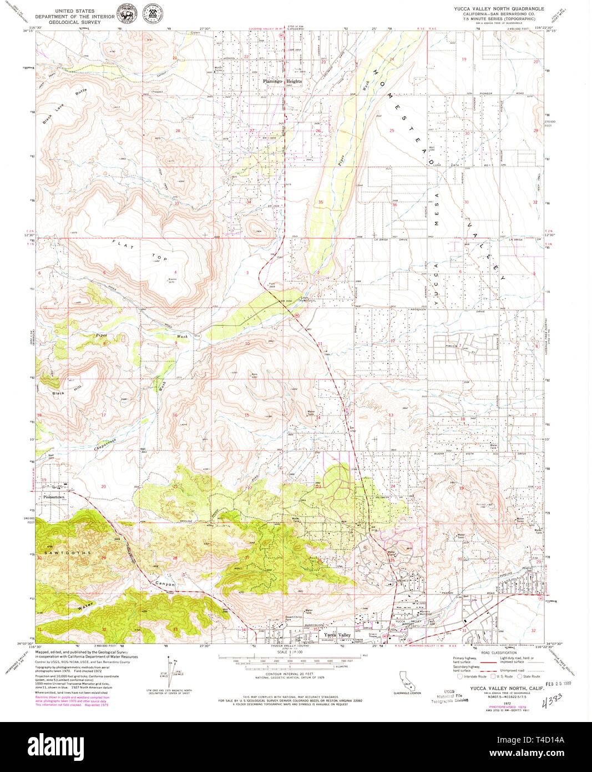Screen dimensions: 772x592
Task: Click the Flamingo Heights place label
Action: pyautogui.click(x=282, y=81)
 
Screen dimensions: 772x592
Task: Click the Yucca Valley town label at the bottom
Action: pyautogui.click(x=337, y=635)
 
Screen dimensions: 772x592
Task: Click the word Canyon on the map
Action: pyautogui.click(x=164, y=584)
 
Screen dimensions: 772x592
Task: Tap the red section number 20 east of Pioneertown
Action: pyautogui.click(x=103, y=487)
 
